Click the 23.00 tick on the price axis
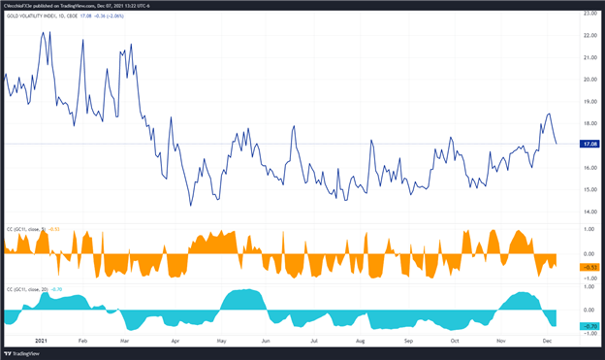point(588,14)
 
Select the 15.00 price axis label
point(588,189)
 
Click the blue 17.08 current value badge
point(588,144)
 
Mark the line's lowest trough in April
point(191,205)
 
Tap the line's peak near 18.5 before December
point(549,114)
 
